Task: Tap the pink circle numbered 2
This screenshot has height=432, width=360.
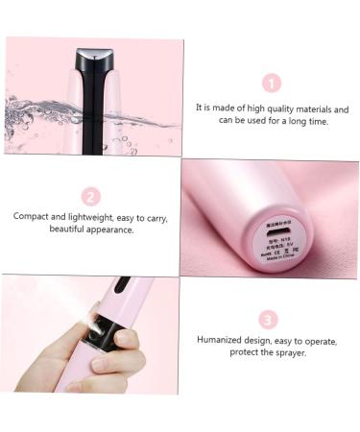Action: [x=91, y=197]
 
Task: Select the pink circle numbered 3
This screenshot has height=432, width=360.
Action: [x=270, y=320]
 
